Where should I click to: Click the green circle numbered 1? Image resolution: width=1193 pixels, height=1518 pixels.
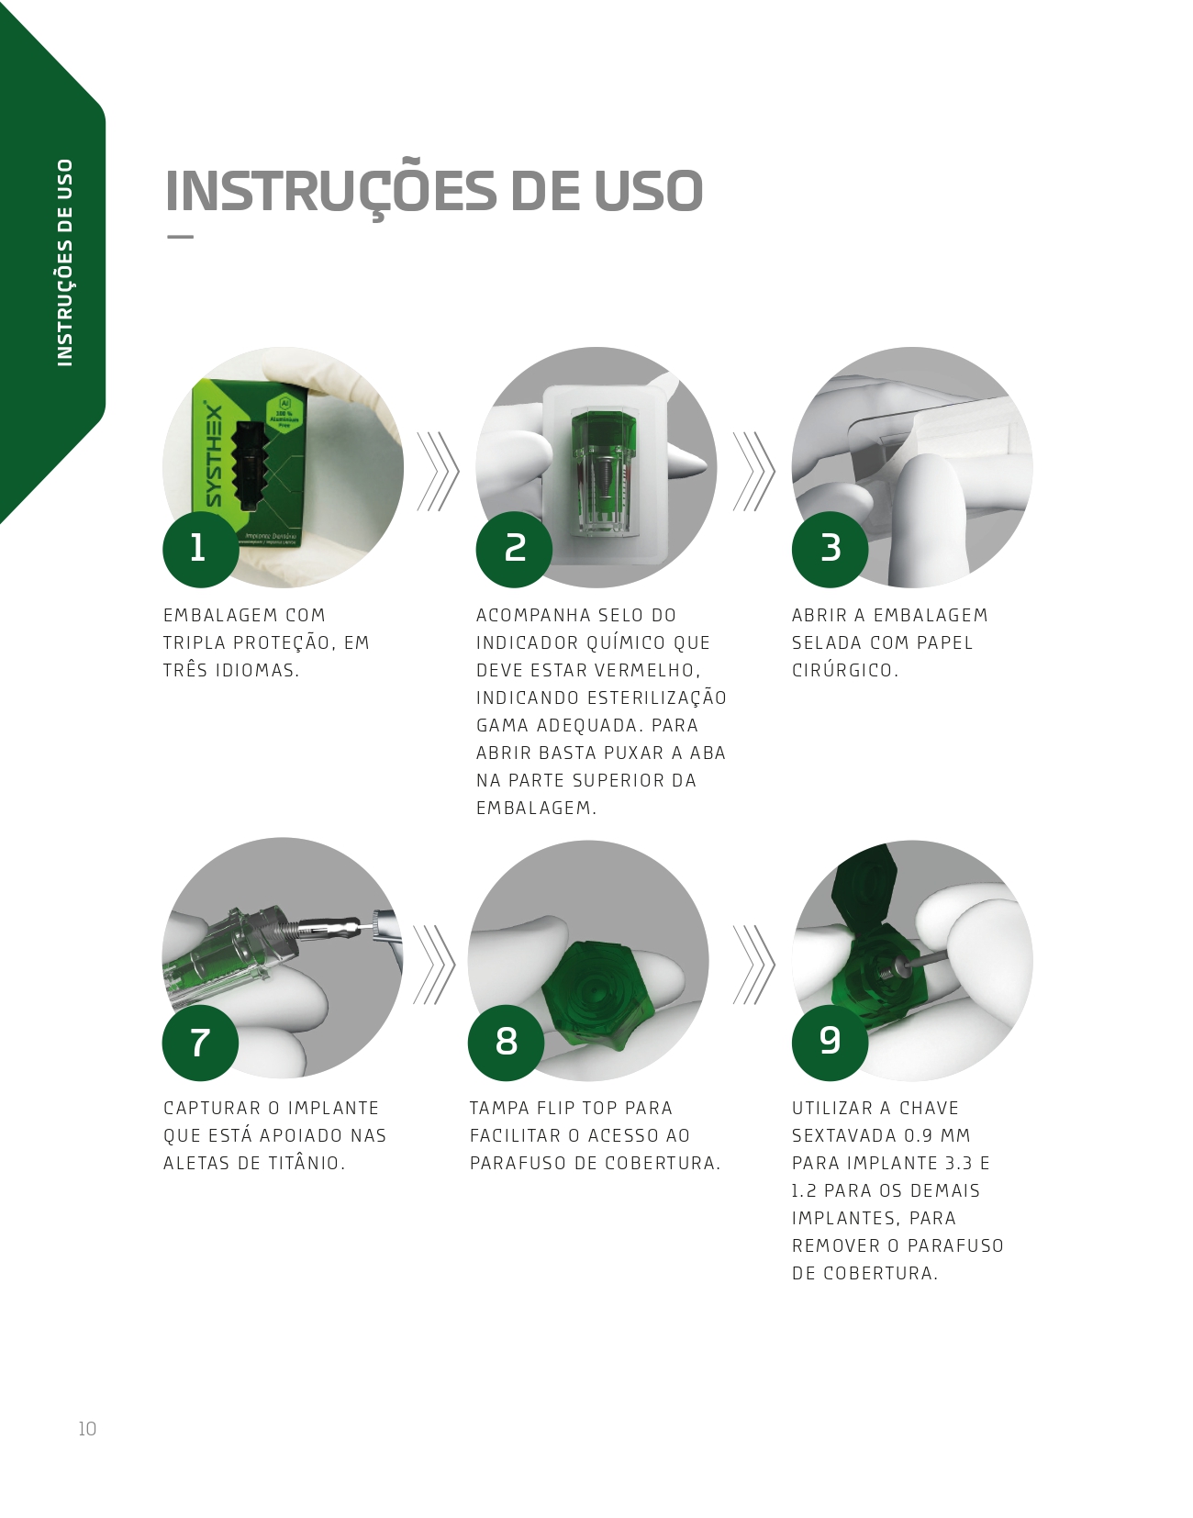[200, 549]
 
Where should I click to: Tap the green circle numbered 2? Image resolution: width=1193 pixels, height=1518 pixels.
[514, 549]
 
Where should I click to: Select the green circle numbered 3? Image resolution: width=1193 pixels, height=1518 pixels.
[830, 549]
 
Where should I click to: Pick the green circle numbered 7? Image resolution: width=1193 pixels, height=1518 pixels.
[200, 1043]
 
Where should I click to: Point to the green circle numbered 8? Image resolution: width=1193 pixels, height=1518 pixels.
[506, 1043]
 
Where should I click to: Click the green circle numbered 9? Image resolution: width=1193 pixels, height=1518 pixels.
[830, 1043]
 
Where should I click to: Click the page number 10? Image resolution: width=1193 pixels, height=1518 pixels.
[87, 1429]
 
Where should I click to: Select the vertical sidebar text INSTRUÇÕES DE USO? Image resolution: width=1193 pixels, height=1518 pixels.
[65, 262]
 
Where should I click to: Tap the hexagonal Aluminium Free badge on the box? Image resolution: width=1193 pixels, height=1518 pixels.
[284, 415]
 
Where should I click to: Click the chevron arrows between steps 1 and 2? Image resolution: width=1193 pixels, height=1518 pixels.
[438, 471]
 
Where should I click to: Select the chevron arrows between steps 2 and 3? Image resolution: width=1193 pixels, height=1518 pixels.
[753, 471]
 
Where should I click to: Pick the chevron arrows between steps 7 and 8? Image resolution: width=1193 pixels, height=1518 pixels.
[434, 965]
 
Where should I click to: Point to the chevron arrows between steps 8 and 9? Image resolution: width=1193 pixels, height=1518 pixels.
[753, 965]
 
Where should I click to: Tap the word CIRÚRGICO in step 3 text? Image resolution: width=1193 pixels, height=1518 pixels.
[845, 671]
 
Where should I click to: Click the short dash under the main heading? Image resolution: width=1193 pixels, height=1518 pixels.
[180, 237]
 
